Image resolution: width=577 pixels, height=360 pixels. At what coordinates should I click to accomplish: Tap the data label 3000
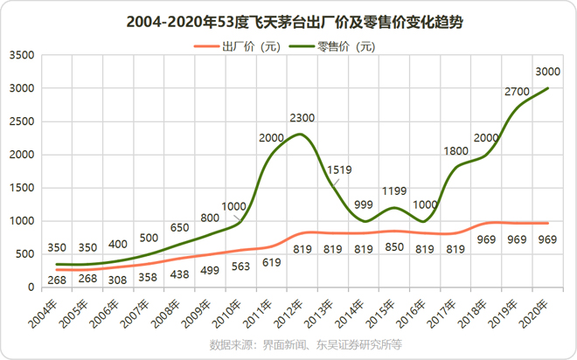(548, 72)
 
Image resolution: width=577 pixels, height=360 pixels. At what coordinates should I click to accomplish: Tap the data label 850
(395, 247)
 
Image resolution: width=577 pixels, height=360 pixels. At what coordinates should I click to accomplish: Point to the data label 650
(177, 203)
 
